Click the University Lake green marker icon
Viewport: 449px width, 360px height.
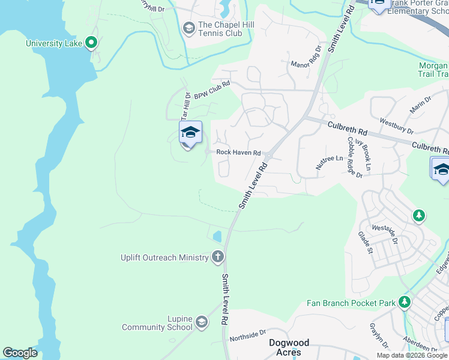click(x=91, y=43)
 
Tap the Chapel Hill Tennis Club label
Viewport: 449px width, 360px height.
click(x=220, y=29)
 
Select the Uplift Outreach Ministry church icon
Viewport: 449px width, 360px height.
click(x=217, y=257)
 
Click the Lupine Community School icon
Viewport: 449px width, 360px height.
click(x=202, y=323)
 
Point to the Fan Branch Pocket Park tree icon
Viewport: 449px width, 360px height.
click(x=405, y=302)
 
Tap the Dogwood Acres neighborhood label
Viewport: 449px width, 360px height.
click(x=289, y=347)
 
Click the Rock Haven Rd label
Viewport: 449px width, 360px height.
click(x=238, y=153)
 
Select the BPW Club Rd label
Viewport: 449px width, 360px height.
click(x=212, y=90)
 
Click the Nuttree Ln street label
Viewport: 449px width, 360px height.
click(x=331, y=158)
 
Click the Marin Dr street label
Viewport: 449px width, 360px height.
click(x=420, y=106)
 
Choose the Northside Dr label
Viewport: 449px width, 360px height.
click(x=247, y=334)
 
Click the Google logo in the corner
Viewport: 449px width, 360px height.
click(x=20, y=352)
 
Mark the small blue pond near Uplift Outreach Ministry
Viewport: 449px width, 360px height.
click(x=217, y=236)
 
